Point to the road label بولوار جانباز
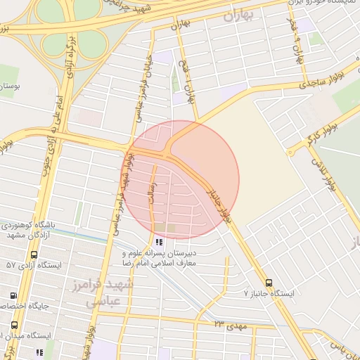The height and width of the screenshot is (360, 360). (x=218, y=206)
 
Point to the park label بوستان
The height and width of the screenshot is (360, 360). (x=8, y=85)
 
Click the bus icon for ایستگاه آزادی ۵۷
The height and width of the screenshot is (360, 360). (x=34, y=255)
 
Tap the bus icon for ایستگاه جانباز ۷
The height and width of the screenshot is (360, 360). (x=269, y=283)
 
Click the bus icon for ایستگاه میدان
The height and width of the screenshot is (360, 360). (x=14, y=326)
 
